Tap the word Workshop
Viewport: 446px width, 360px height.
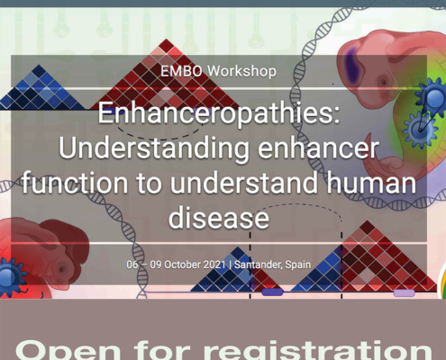241,71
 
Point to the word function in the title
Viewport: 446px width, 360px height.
75,183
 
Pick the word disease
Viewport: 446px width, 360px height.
219,218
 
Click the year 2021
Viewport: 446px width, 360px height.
214,265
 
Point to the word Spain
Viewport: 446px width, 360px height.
298,265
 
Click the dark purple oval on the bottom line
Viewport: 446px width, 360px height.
272,292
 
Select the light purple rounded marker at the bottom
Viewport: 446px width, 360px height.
405,292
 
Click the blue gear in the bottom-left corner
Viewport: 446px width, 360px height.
11,276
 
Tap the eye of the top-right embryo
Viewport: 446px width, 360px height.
383,82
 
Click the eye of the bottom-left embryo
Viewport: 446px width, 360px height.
62,269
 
